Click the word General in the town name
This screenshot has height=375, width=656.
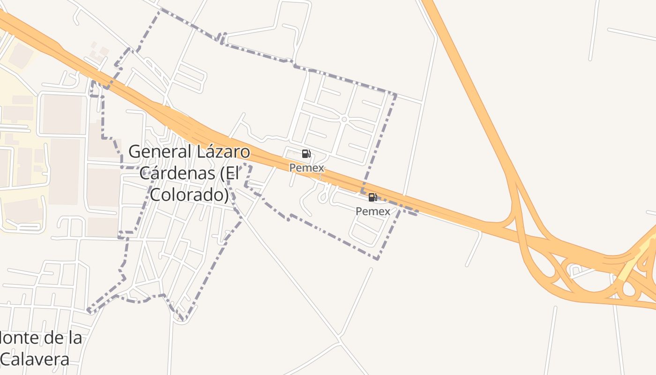coord(160,152)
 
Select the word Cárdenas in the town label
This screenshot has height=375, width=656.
coord(178,173)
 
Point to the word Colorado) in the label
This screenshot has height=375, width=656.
coord(190,194)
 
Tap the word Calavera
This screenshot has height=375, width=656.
coord(35,359)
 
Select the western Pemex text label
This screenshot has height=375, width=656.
coord(306,168)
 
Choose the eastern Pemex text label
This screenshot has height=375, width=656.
coord(373,211)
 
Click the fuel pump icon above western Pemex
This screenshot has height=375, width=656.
coord(306,154)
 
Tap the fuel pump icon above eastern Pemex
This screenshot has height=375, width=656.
coord(373,197)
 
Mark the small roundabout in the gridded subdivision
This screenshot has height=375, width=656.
coord(344,120)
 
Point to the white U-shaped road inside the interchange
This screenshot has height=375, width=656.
coord(574,270)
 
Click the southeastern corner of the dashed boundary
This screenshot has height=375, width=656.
coord(378,258)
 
